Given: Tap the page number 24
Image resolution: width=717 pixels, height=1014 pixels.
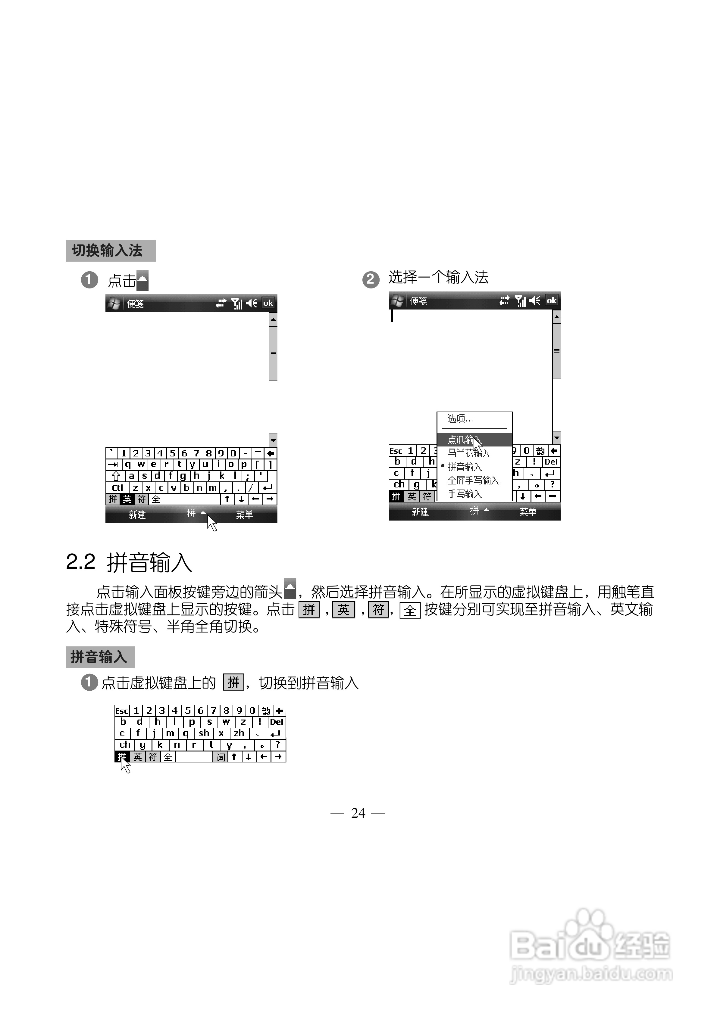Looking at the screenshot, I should click(358, 813).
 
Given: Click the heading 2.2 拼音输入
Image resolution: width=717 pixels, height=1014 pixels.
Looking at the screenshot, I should click(129, 563).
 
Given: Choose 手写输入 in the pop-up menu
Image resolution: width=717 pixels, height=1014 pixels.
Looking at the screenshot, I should click(465, 494).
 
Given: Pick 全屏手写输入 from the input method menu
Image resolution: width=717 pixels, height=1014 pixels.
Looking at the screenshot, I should click(473, 480).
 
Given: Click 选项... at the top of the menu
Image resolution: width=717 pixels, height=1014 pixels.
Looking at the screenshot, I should click(460, 418).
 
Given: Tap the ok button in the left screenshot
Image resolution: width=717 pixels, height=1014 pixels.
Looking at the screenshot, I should click(268, 303).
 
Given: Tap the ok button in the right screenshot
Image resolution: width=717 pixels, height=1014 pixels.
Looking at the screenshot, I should click(551, 300).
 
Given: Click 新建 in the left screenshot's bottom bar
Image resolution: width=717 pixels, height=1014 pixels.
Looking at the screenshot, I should click(137, 515).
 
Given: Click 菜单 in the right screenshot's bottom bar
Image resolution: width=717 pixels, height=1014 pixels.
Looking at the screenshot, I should click(528, 512).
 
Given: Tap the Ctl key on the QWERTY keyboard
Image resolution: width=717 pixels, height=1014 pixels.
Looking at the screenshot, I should click(117, 487).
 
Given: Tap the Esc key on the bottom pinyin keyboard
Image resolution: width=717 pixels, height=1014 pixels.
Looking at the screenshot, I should click(122, 711).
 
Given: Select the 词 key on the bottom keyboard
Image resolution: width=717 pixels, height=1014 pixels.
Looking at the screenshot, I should click(221, 757).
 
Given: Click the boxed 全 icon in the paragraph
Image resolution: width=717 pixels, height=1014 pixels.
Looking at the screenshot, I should click(410, 610).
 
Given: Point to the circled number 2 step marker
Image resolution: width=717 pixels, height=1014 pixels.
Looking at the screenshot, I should click(371, 279).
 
